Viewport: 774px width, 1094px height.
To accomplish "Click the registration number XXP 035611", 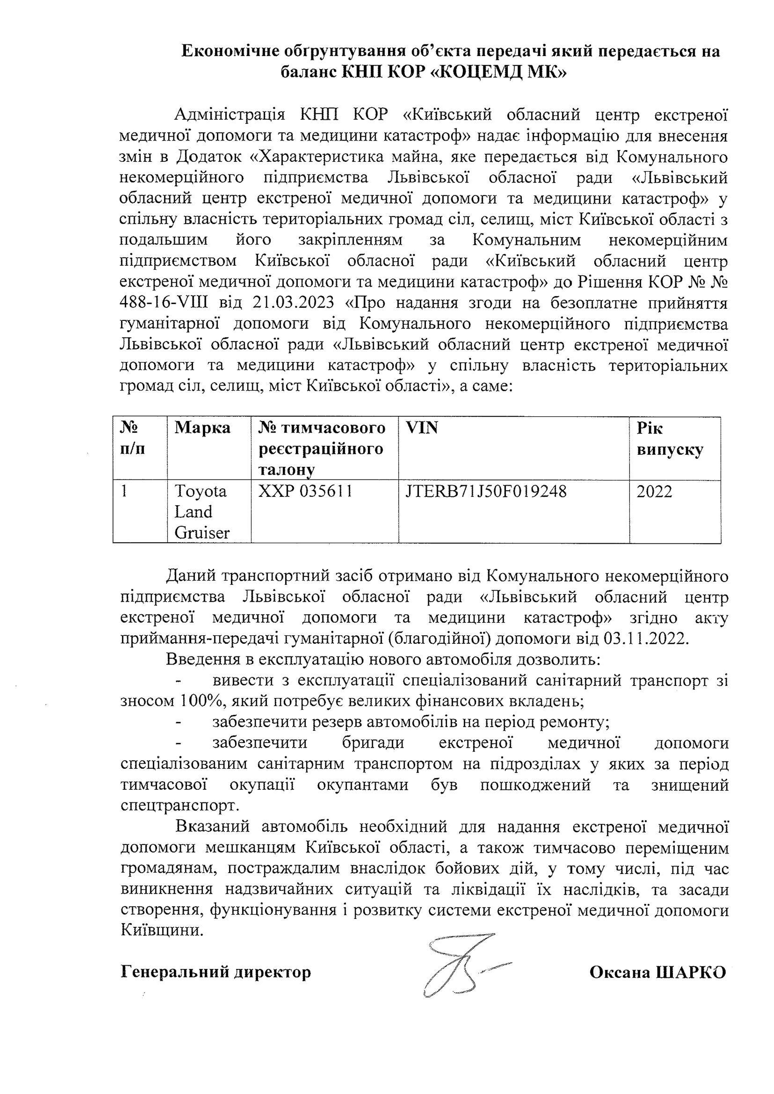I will pyautogui.click(x=305, y=491).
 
